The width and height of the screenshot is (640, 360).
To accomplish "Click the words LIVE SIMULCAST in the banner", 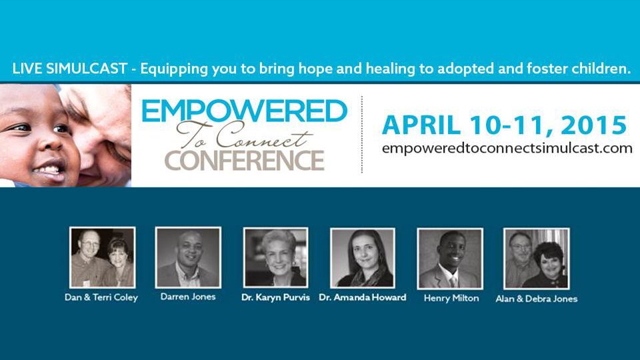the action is tap(70, 69).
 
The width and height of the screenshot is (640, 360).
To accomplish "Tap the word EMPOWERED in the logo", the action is tap(244, 111).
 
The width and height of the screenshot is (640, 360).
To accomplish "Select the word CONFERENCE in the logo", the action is tap(244, 161).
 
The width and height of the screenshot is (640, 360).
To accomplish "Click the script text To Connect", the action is tap(244, 136).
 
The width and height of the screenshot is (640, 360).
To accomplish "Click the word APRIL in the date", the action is tap(421, 125).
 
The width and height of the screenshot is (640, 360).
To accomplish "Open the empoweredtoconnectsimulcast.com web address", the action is tap(507, 148).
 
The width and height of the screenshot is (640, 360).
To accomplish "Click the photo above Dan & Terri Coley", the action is tap(103, 257).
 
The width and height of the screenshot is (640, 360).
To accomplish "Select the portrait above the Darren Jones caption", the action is tap(188, 257).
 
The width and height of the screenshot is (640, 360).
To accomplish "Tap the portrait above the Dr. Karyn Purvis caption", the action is tap(275, 258).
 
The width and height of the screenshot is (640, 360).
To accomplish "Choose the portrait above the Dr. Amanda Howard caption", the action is tap(363, 259).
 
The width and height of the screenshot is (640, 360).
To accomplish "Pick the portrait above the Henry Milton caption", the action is tap(450, 259).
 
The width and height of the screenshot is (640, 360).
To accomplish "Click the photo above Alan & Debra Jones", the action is tap(536, 259).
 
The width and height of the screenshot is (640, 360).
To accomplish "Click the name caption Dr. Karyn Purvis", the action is tap(275, 297).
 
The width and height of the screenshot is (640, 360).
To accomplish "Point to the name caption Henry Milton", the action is tap(451, 299).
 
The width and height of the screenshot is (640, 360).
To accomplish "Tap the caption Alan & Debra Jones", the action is tap(536, 299).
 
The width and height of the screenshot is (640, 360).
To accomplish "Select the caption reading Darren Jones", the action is tap(188, 297).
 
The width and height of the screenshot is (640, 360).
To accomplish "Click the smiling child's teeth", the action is tap(48, 169).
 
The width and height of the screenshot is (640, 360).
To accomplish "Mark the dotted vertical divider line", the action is tap(361, 135).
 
